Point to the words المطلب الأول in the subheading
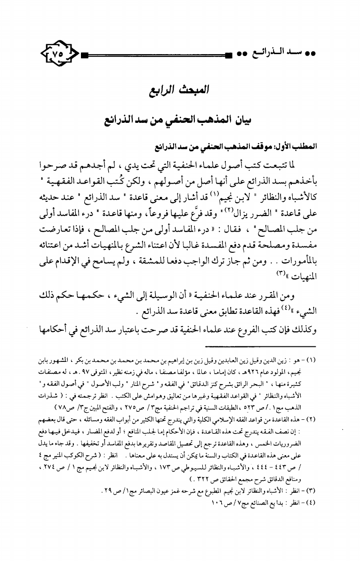(x=301, y=146)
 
